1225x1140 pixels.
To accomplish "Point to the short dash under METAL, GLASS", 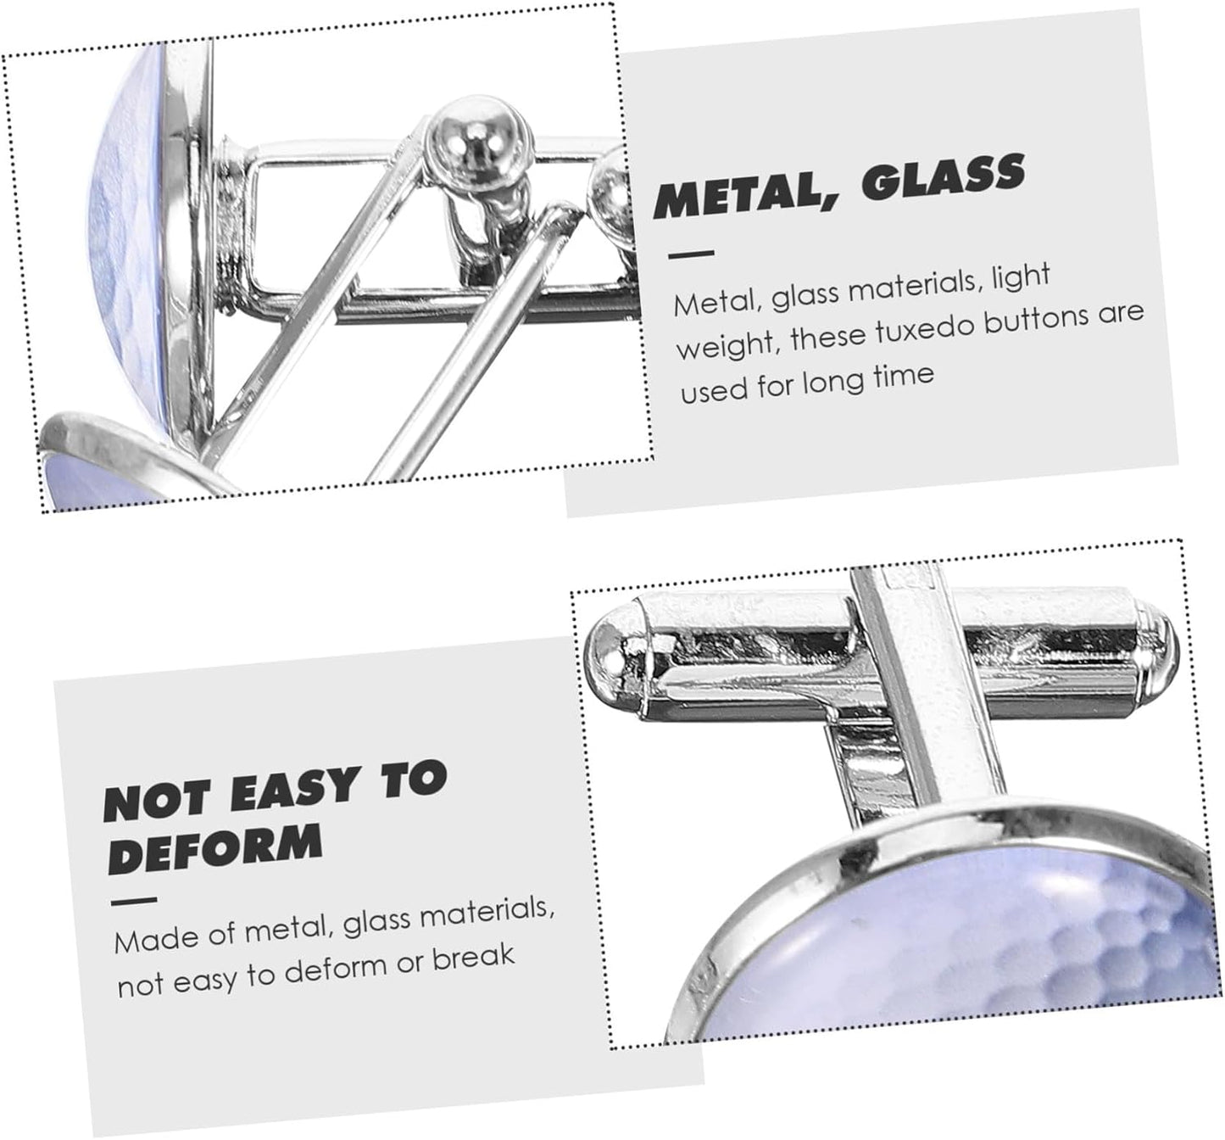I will (x=691, y=254).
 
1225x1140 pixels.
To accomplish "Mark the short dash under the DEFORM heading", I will (x=134, y=901).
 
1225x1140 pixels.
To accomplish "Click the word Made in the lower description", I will (x=150, y=939).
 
